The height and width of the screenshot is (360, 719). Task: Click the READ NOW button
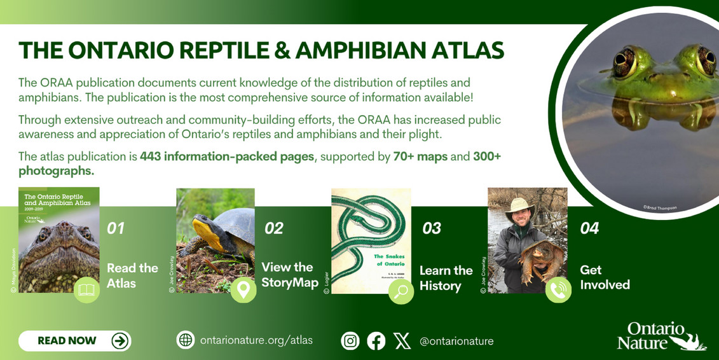(74, 341)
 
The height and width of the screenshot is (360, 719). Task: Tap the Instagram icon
(350, 341)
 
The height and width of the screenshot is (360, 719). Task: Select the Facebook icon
(376, 341)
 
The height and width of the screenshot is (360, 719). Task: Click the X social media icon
(402, 341)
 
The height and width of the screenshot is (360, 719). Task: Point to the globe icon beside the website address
(185, 340)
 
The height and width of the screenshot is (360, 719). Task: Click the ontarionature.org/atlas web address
(256, 340)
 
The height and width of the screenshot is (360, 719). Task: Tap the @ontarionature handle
(456, 342)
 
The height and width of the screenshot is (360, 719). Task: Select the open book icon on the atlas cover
(86, 291)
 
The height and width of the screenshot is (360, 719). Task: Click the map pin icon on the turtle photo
(242, 291)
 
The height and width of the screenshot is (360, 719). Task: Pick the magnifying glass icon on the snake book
(401, 291)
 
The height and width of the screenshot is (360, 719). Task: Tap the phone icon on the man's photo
(558, 291)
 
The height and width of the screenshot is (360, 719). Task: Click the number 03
(432, 228)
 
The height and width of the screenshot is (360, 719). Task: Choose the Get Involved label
(605, 277)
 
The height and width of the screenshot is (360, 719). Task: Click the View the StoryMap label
(289, 275)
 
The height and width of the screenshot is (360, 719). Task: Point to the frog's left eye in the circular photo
(626, 62)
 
